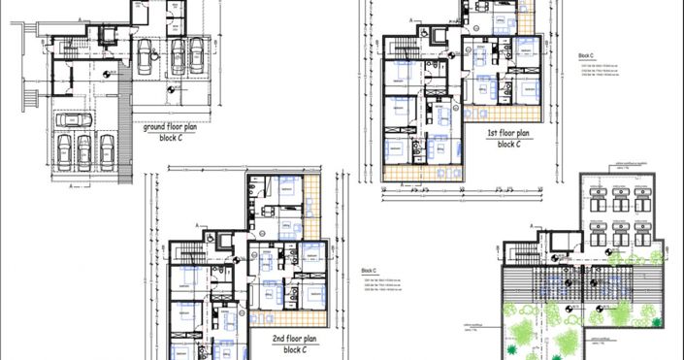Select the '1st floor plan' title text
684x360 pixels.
pos(508,133)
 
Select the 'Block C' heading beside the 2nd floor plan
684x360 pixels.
pos(369,271)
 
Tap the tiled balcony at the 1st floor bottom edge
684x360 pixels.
pos(425,173)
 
